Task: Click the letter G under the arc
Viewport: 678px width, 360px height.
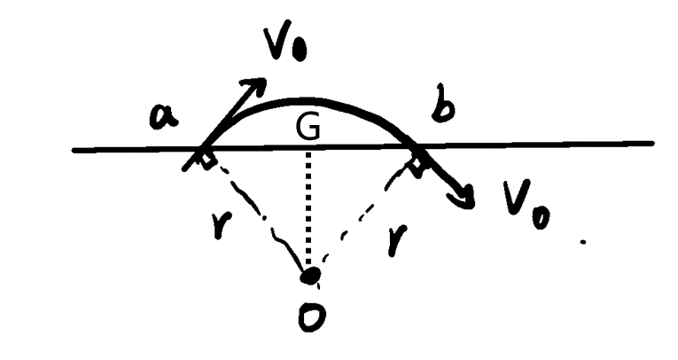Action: [308, 128]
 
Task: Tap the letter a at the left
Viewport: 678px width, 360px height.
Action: [163, 117]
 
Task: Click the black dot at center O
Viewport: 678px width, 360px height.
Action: [311, 276]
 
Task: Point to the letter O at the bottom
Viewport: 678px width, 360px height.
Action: [312, 318]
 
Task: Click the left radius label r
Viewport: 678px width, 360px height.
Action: [219, 225]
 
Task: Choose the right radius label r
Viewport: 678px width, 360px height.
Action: [397, 239]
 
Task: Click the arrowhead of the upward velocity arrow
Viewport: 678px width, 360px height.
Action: [256, 85]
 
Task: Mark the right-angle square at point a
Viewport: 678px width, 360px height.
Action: [207, 162]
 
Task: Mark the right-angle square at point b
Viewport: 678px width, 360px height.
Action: [417, 167]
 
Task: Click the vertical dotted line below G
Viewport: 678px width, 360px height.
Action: [308, 208]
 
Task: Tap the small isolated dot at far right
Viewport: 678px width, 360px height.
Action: [583, 242]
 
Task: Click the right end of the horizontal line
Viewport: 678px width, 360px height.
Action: [653, 143]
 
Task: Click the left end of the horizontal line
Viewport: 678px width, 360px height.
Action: [74, 151]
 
